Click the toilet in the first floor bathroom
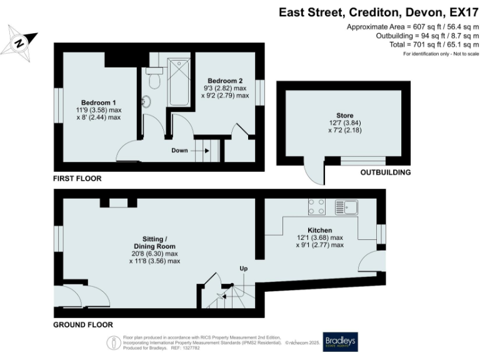(x=154, y=81)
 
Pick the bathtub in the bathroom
(x=179, y=82)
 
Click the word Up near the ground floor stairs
(x=243, y=268)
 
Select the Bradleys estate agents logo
(x=339, y=341)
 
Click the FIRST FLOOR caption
(x=77, y=179)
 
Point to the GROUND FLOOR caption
(x=82, y=325)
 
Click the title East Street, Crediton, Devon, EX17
(x=379, y=12)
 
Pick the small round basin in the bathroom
(x=147, y=101)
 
